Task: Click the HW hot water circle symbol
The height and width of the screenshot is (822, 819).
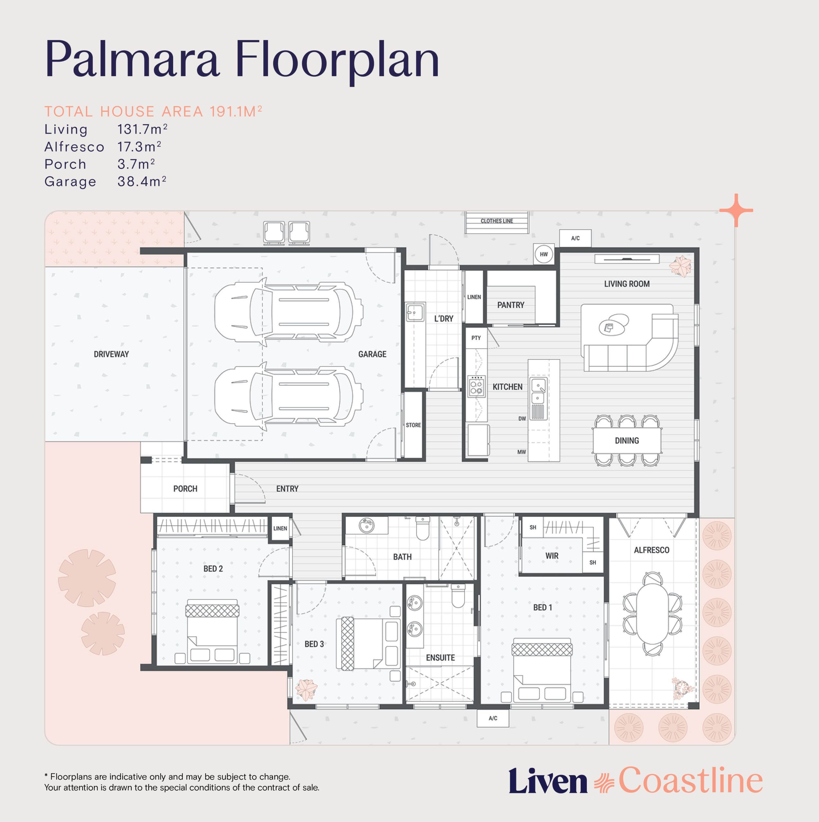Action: (x=544, y=254)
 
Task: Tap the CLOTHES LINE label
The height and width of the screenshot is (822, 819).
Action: (x=497, y=221)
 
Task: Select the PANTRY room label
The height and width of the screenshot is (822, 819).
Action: (x=510, y=305)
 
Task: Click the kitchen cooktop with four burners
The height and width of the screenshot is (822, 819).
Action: (x=476, y=386)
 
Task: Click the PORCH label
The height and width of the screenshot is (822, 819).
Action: (x=185, y=489)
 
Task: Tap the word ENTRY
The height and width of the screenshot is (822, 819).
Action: (x=287, y=489)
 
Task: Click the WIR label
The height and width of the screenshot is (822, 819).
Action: (x=552, y=556)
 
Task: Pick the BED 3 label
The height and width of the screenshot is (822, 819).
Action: (x=314, y=644)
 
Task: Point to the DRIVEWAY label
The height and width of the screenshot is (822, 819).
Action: (x=111, y=354)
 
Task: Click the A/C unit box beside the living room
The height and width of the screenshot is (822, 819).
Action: (x=575, y=238)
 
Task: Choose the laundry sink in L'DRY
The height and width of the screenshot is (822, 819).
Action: (x=415, y=312)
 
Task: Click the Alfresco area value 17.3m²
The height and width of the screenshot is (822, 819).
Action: (x=139, y=147)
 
